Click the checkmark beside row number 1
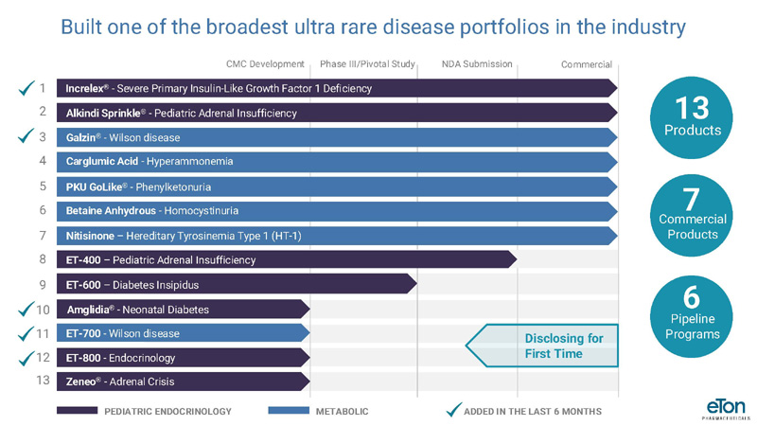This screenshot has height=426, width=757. click(26, 88)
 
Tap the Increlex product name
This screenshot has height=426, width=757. click(85, 88)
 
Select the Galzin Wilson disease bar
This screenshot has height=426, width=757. click(337, 137)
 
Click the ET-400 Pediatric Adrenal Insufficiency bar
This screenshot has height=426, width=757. click(287, 259)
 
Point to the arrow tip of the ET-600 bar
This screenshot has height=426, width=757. click(416, 284)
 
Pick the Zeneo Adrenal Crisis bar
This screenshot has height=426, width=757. click(183, 382)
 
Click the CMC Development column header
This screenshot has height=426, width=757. click(265, 64)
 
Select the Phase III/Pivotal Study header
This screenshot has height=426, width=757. click(367, 64)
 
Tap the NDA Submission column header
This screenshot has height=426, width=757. click(477, 64)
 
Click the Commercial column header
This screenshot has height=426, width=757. click(587, 64)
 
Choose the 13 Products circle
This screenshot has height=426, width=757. click(692, 117)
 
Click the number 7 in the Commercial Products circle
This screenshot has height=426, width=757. click(692, 199)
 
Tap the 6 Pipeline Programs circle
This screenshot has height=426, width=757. click(692, 317)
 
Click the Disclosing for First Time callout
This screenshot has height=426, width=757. click(542, 346)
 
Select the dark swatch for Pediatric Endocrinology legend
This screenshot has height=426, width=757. click(77, 411)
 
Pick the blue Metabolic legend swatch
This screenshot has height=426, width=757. click(289, 411)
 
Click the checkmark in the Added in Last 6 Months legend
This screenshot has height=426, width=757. click(453, 410)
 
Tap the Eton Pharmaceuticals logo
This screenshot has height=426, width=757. click(726, 409)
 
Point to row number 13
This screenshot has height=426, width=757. click(43, 381)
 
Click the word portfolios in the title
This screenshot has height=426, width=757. click(504, 27)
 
